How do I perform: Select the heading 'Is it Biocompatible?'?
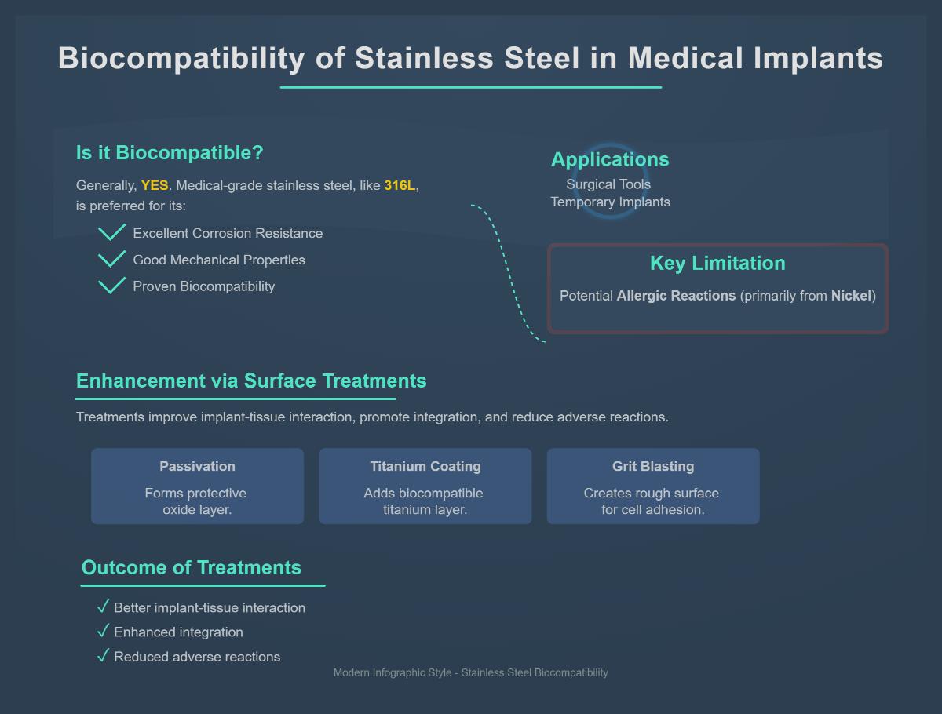click(170, 153)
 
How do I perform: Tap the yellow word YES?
click(155, 186)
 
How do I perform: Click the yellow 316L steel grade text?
click(400, 186)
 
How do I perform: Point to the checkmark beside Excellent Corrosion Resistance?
click(112, 232)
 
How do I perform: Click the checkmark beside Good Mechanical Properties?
click(112, 259)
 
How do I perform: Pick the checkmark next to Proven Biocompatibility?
click(112, 286)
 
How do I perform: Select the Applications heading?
click(610, 159)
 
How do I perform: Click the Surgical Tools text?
click(608, 184)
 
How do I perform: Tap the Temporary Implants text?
click(610, 202)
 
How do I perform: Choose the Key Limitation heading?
click(717, 264)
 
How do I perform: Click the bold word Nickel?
click(851, 296)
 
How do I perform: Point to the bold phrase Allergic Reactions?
click(676, 296)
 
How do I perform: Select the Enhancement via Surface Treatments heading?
click(251, 381)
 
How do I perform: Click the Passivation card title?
click(197, 466)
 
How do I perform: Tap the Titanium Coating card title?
click(425, 466)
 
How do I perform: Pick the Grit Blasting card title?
click(653, 466)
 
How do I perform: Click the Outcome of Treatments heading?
click(192, 568)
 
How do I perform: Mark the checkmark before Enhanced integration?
click(102, 631)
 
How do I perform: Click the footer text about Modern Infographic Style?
click(471, 672)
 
